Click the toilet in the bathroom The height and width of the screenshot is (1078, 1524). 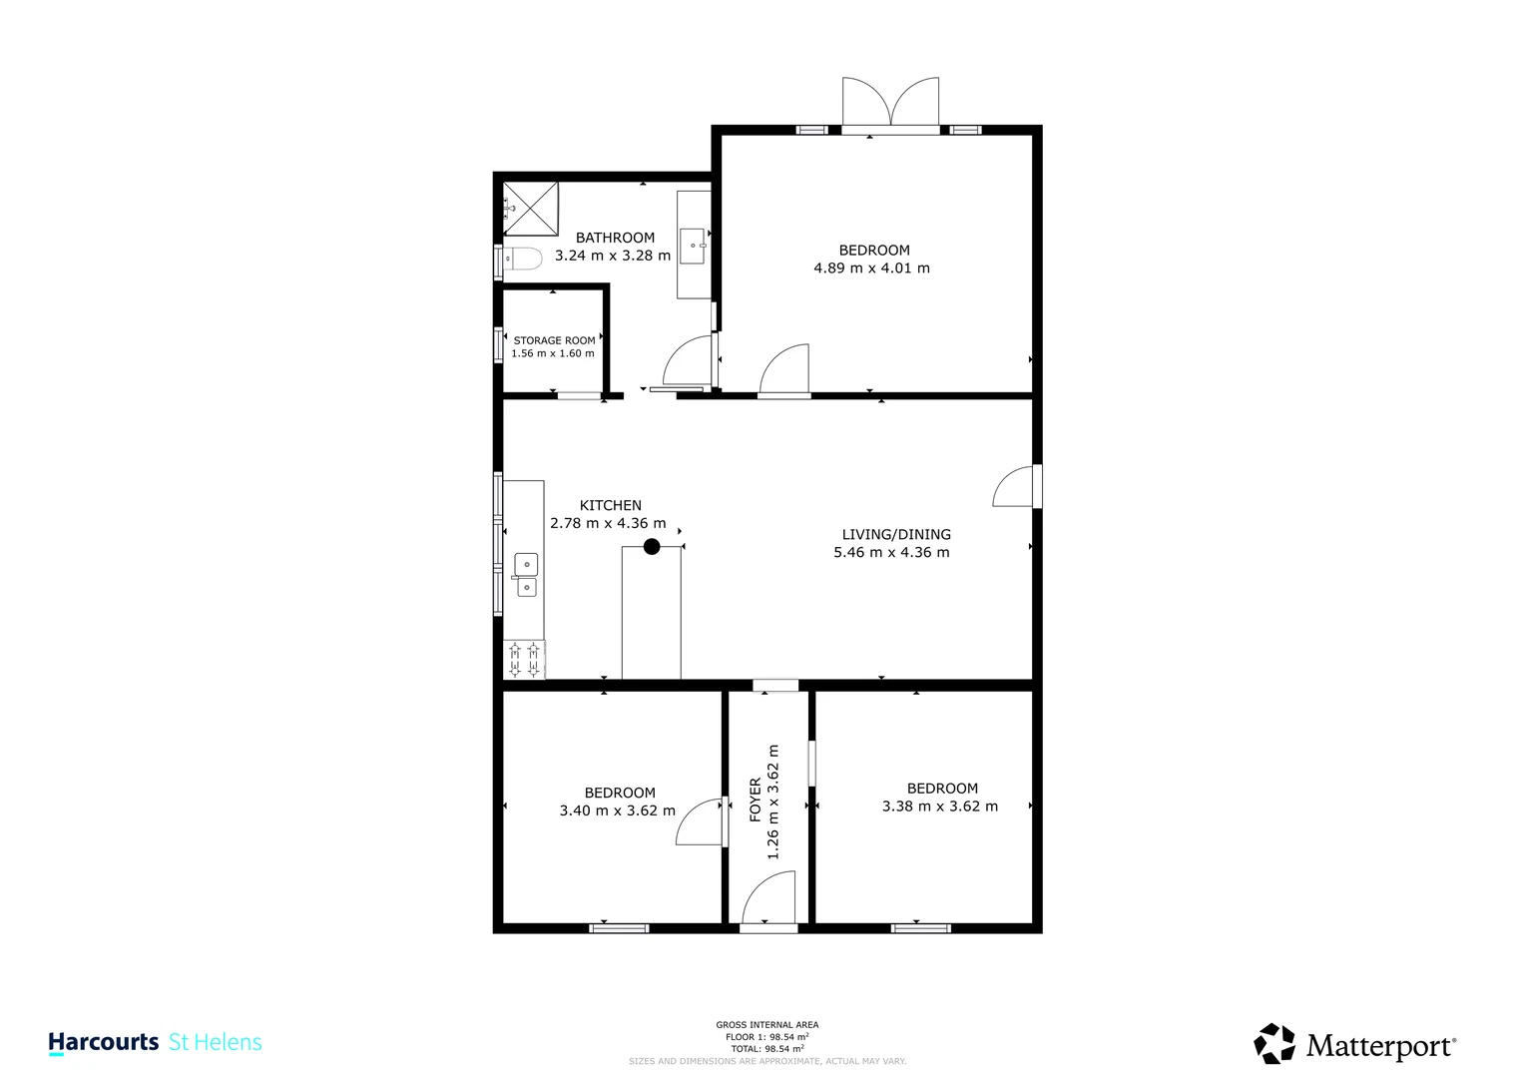tap(521, 259)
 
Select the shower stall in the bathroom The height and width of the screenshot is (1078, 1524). tap(530, 208)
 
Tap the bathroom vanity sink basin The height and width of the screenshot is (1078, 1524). tap(692, 246)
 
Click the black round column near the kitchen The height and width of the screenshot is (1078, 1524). tap(652, 546)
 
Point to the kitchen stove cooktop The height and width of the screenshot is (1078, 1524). tap(524, 660)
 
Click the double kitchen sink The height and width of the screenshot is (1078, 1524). tap(526, 576)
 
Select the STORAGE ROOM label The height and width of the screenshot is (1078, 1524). tap(554, 340)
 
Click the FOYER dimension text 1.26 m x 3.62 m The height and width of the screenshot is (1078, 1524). tap(772, 802)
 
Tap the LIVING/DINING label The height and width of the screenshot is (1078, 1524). tap(896, 534)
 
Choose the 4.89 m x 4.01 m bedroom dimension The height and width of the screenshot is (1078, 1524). tap(871, 269)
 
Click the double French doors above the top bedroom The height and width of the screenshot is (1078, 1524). tap(890, 103)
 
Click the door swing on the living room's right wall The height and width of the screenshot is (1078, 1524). tap(1013, 487)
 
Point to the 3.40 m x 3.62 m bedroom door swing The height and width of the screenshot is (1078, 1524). tap(700, 821)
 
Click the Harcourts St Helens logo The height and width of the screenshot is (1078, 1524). tap(155, 1042)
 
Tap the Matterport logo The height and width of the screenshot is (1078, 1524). tap(1354, 1044)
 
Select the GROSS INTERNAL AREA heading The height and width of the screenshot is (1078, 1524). tap(766, 1025)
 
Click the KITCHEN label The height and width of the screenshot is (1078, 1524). tap(610, 505)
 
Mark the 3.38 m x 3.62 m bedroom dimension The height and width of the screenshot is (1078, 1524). tap(939, 807)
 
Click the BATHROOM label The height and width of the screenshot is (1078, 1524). tap(615, 238)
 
